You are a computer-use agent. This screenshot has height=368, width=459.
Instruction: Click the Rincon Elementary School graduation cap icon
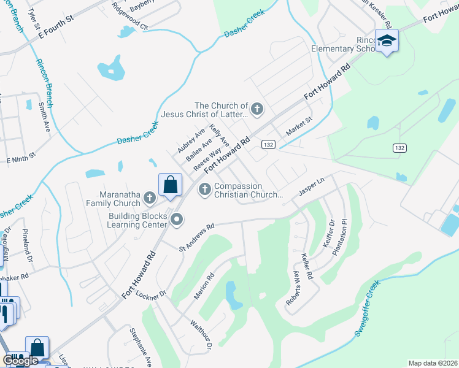click(x=387, y=41)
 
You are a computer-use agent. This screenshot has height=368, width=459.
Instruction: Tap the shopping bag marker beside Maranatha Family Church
click(x=170, y=185)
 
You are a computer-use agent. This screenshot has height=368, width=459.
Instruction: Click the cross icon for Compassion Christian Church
click(x=205, y=190)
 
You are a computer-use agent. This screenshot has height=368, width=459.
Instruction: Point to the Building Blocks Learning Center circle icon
click(x=177, y=219)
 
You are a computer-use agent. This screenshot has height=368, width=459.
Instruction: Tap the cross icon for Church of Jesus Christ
click(x=257, y=110)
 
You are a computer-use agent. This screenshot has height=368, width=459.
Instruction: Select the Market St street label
click(x=299, y=129)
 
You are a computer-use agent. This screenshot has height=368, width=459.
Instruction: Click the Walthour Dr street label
click(x=201, y=335)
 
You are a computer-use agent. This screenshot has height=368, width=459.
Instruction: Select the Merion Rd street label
click(x=205, y=286)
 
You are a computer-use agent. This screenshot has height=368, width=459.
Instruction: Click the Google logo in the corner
click(x=20, y=361)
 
